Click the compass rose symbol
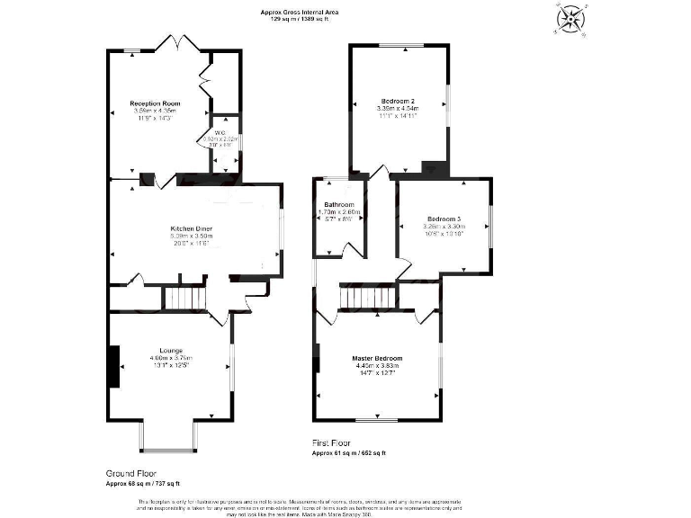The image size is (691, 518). click(x=570, y=19)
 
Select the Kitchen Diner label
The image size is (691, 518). click(x=190, y=228)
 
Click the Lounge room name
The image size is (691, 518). click(x=172, y=350)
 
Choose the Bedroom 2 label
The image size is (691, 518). click(x=397, y=100)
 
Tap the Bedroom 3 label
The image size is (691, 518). click(x=444, y=219)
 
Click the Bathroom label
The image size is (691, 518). click(x=339, y=205)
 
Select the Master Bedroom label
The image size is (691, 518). click(x=377, y=358)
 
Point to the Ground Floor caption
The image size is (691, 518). click(x=126, y=473)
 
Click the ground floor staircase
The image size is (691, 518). click(x=184, y=297)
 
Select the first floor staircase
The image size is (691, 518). click(x=367, y=297)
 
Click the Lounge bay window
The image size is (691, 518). click(x=168, y=438)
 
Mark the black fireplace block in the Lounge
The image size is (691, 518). click(x=113, y=366)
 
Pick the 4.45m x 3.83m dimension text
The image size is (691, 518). click(x=377, y=366)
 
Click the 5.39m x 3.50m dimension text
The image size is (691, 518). click(x=190, y=237)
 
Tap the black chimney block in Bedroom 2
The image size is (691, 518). click(x=435, y=168)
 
